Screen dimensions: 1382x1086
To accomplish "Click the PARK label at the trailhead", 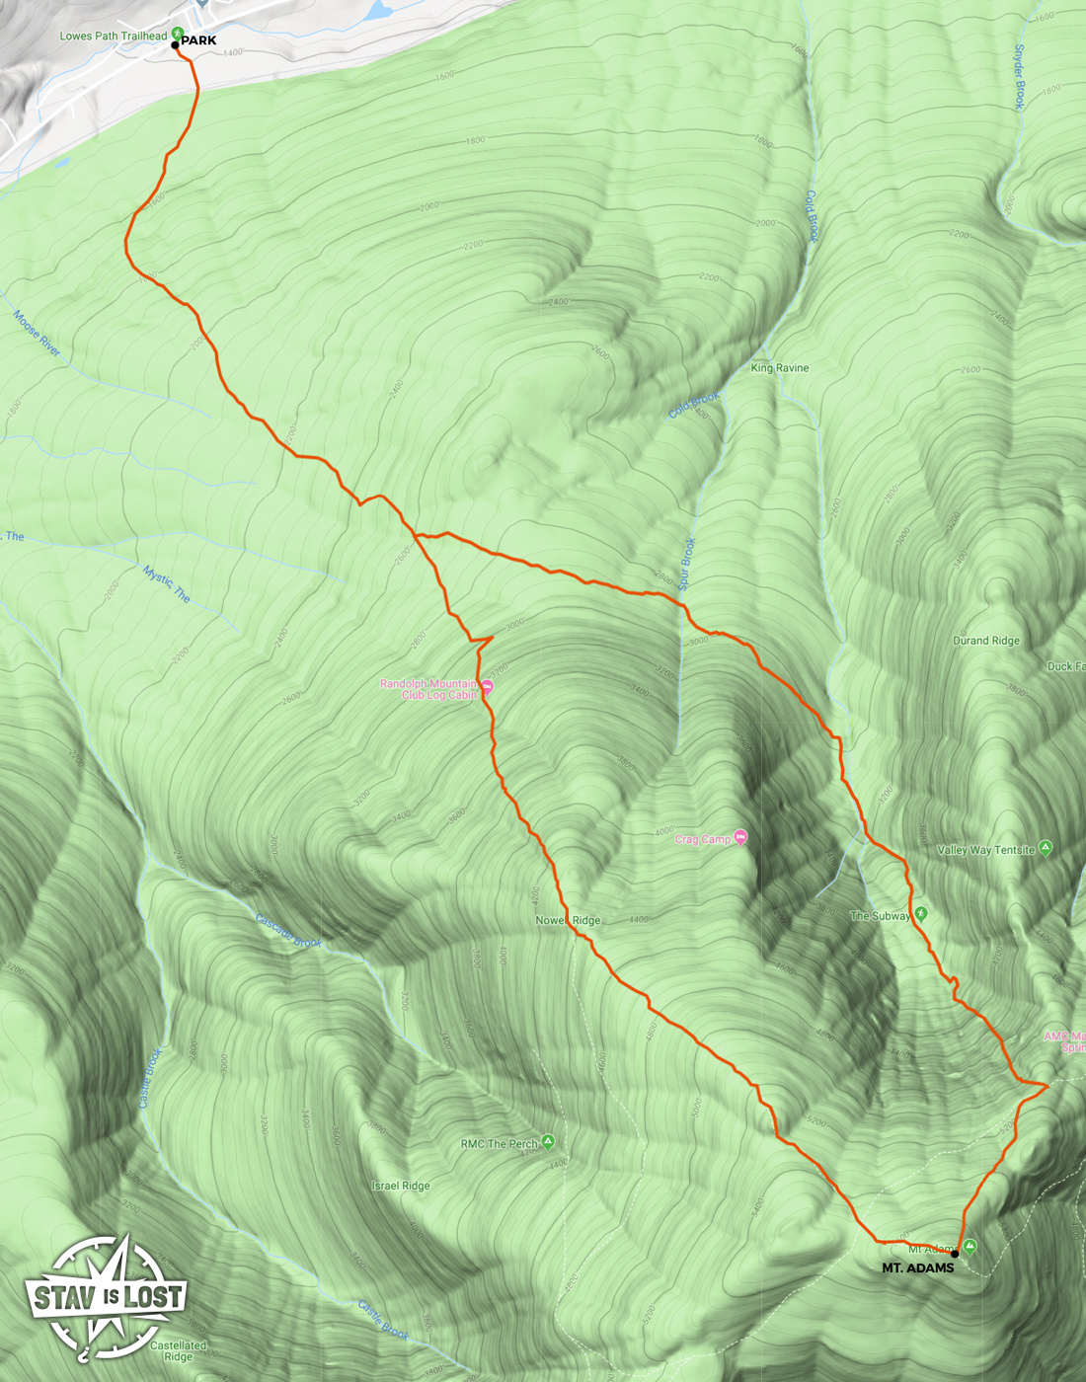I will pos(198,40).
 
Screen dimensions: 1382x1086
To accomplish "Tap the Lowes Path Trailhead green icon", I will pos(178,34).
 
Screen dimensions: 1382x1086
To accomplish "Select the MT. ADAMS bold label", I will pos(917,1268).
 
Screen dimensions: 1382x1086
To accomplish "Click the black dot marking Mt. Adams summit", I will pos(955,1254).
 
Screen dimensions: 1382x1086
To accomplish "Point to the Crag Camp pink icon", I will pos(740,837).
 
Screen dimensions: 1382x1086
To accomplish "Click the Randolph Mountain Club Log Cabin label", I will pos(428,689).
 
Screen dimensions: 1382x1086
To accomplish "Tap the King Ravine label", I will pos(779,368).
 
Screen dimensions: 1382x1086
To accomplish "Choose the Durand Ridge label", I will pos(985,641).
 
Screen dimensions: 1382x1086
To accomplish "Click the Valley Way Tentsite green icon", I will pos(1046,848).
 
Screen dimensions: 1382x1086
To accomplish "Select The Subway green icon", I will pos(921,914).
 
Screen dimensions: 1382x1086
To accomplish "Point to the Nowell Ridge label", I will pos(568,920).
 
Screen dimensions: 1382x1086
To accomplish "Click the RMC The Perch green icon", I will pos(548,1142).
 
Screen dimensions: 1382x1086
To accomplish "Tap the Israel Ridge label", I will pos(401,1186).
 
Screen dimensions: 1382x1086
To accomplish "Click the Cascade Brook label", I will pos(288,931).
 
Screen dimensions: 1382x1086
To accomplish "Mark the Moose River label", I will pos(38,333).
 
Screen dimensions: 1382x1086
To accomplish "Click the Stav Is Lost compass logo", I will pos(105,1296).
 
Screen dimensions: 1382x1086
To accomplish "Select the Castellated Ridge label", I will pos(178,1350).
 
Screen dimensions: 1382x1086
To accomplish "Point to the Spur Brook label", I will pos(688,564).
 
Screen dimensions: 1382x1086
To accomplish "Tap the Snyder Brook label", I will pos(1020,77).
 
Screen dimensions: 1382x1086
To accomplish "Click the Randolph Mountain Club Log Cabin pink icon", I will pos(487,687).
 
